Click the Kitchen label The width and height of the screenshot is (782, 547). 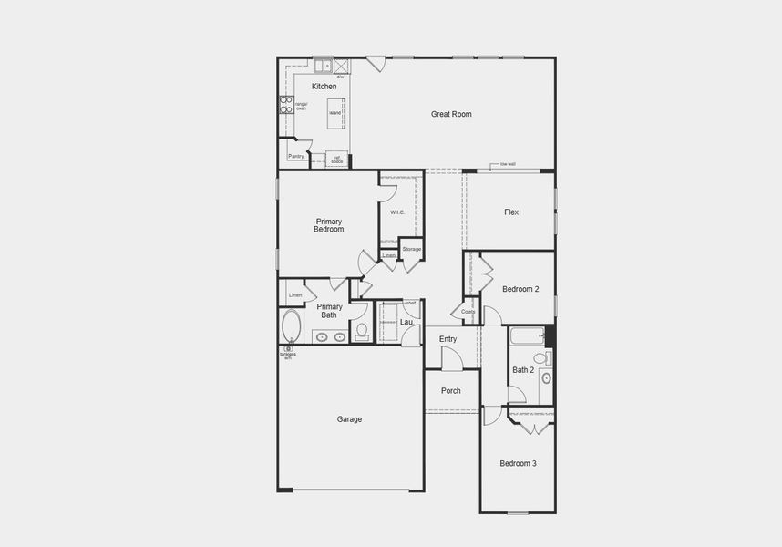tap(324, 87)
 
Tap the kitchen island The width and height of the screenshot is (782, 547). tap(336, 113)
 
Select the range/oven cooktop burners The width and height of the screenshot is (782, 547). tap(285, 104)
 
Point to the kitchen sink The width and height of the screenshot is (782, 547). tap(323, 66)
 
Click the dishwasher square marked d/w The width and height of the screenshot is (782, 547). tap(341, 66)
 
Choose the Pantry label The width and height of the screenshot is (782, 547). tap(295, 156)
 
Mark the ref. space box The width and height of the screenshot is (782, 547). tap(337, 160)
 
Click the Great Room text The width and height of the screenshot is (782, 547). tap(451, 114)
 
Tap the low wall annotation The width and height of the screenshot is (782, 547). tap(508, 164)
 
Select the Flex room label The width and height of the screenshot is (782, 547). tap(511, 212)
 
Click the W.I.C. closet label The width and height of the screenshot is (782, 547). tap(397, 212)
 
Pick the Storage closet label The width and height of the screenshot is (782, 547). tap(412, 248)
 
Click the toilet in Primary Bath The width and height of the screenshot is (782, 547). tap(361, 330)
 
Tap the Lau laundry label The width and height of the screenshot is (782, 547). tap(406, 322)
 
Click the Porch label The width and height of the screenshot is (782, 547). tap(451, 391)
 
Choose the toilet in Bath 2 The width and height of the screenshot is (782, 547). tap(546, 377)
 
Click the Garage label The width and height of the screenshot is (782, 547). tap(349, 419)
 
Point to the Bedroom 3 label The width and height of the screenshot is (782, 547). tap(518, 464)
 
